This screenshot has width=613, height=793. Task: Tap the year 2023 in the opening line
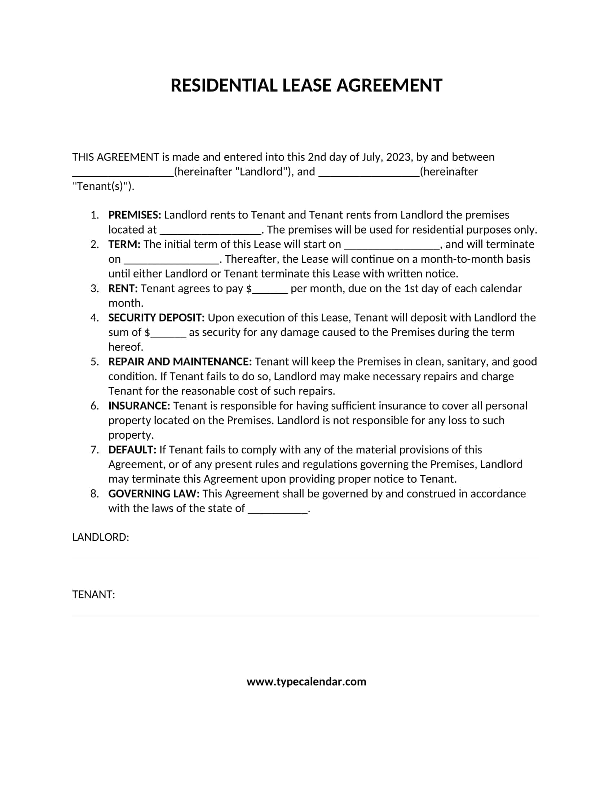[398, 157]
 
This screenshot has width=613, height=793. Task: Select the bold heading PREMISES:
[134, 215]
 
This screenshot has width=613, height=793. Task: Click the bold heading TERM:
[124, 244]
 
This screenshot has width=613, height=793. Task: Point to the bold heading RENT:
[123, 288]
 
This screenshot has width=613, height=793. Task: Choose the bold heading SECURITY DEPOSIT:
[156, 318]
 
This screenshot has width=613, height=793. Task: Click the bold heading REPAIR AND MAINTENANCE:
[180, 362]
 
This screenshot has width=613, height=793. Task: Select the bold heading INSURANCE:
[139, 406]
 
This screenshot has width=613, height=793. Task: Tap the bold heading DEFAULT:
[132, 450]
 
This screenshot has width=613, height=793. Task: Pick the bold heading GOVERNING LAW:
[154, 494]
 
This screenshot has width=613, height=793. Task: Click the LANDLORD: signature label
[101, 537]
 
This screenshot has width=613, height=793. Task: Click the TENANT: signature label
[94, 595]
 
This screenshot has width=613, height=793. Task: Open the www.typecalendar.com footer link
[306, 682]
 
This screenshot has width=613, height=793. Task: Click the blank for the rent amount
[270, 290]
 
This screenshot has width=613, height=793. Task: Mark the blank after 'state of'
[278, 510]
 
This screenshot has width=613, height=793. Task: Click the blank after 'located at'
[211, 231]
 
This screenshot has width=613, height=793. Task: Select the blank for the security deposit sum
[168, 334]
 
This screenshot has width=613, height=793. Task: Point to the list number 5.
[95, 362]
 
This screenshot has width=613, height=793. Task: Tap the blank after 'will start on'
[392, 246]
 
